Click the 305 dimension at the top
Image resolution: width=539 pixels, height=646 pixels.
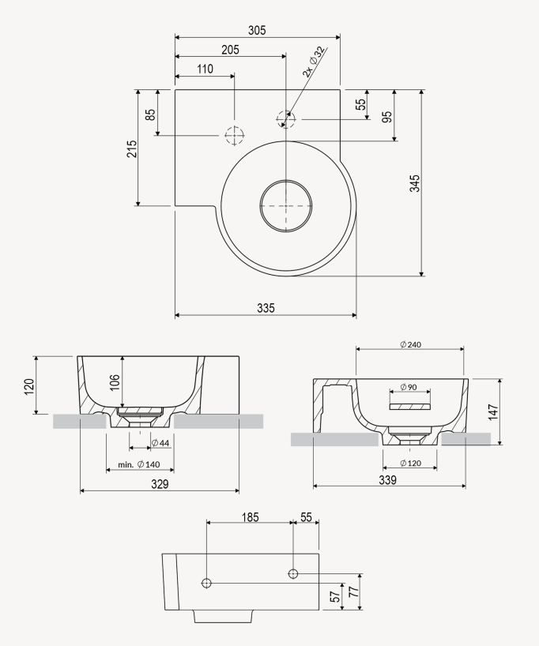pos(257,30)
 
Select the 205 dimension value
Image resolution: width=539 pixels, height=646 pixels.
pos(230,50)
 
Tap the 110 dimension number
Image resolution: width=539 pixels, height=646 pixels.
pos(204,69)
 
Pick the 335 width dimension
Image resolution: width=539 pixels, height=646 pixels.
pos(266,308)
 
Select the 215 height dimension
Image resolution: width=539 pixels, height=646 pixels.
pos(132,148)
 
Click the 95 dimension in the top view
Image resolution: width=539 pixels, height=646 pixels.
pos(386,116)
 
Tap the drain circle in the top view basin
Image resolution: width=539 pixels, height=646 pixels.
pos(286,205)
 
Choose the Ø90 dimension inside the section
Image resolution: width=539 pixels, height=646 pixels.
pos(409,387)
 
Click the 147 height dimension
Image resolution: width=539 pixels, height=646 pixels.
pos(492,411)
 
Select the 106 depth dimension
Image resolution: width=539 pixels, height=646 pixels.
pos(115,383)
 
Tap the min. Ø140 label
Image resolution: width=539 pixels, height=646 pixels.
pos(138,464)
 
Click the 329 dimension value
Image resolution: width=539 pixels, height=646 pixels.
pos(160,483)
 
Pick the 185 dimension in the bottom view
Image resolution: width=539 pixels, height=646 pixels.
pos(249,516)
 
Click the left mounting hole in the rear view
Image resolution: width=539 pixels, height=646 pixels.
pos(207,583)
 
